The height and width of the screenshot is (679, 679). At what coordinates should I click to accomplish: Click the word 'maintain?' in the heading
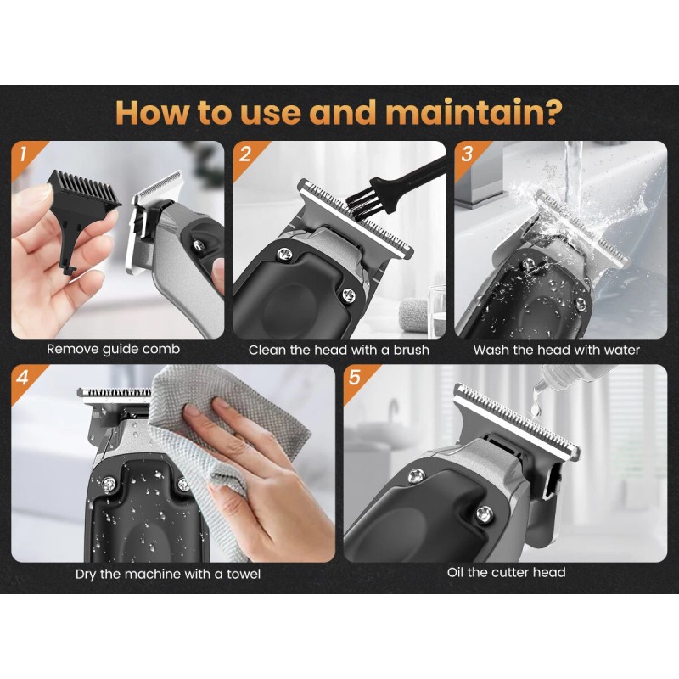(474, 112)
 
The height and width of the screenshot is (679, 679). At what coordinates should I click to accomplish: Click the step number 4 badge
(23, 378)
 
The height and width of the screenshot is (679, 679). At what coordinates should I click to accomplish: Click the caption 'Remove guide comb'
(113, 350)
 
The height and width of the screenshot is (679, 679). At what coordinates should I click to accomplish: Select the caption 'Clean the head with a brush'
(339, 350)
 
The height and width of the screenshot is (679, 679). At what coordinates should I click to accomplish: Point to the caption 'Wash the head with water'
(557, 350)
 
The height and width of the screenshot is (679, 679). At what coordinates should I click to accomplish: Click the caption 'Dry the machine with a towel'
(168, 575)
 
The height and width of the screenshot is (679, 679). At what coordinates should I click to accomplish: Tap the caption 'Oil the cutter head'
(506, 572)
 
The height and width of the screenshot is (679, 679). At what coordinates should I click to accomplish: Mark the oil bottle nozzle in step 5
(542, 381)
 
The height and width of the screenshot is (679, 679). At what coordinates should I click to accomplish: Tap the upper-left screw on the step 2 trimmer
(285, 253)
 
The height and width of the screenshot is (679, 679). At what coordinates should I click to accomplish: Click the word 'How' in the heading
(153, 112)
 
